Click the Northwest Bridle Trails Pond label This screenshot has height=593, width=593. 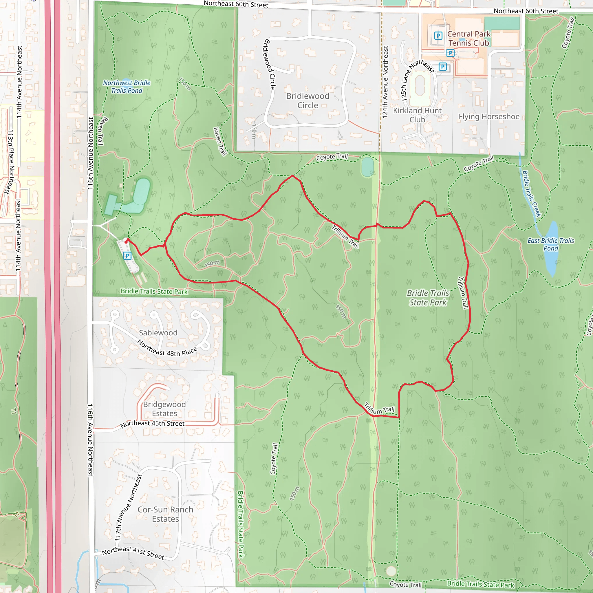pos(127,87)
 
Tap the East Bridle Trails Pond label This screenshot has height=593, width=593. pos(551,244)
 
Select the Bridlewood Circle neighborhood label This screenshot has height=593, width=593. pos(308,101)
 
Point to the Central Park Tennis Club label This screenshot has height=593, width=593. pos(469,39)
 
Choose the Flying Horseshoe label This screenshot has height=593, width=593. pos(489,117)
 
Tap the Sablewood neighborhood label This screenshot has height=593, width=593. pos(158,333)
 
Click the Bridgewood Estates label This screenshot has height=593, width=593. pos(164,409)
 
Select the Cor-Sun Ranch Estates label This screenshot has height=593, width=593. pos(165,514)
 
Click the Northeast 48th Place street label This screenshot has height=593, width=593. pos(167,348)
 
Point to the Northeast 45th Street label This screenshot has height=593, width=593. pos(153,424)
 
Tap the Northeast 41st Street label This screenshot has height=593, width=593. pos(133,552)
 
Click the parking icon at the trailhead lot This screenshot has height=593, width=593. pos(127,256)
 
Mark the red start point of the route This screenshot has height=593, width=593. pos(126,242)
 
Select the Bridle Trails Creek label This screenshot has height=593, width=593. pos(531,194)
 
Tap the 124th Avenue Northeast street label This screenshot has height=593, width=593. pos(385,82)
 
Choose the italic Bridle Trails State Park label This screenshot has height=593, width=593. pos(428,298)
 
